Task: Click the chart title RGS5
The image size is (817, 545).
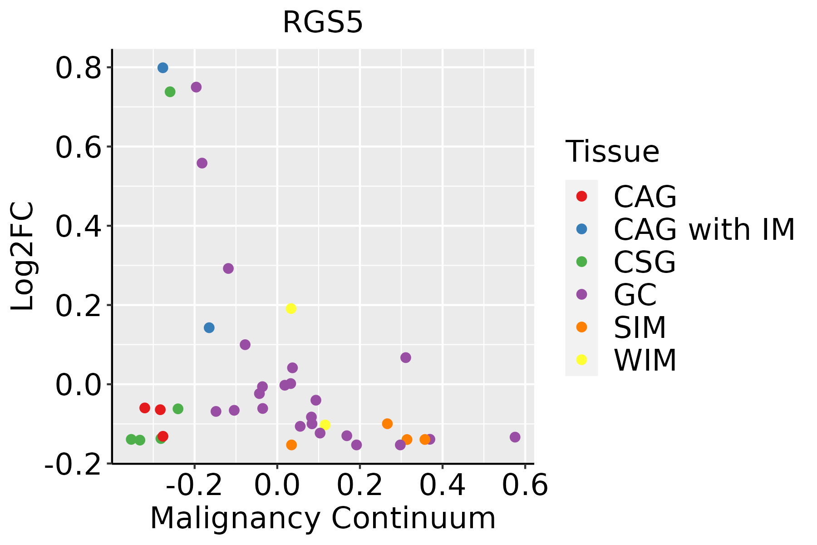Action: (323, 23)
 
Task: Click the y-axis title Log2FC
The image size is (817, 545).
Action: (23, 257)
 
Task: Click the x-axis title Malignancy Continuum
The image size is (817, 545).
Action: (323, 518)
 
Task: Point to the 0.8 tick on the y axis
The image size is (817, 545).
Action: (78, 68)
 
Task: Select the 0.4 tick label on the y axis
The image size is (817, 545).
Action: (78, 226)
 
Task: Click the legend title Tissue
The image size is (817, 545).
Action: (612, 152)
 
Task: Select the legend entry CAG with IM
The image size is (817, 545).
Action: (704, 229)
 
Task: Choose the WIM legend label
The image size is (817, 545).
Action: (645, 360)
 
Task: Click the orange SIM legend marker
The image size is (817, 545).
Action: (581, 327)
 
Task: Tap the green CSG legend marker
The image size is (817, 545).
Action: (581, 262)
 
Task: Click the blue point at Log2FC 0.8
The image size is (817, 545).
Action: (163, 68)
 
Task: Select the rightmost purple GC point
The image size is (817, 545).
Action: (515, 437)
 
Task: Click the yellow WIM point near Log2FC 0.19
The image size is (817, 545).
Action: (291, 308)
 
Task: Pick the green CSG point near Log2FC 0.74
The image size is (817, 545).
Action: (170, 92)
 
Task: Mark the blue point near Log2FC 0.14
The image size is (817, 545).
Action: (209, 327)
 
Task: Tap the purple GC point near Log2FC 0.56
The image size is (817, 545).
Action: (202, 163)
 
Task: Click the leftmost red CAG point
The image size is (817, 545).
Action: (145, 408)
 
